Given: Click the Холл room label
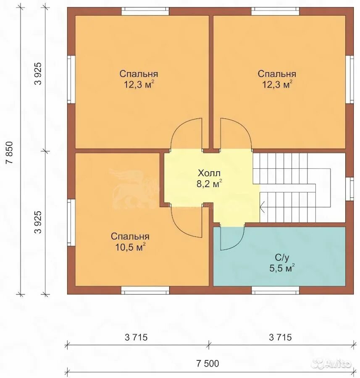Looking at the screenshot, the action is (x=209, y=173).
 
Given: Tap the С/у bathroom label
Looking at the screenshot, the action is (x=282, y=258).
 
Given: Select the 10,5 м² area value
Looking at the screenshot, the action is (x=130, y=247).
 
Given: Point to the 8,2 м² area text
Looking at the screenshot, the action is (x=209, y=184).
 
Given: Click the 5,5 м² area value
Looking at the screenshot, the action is (x=282, y=268).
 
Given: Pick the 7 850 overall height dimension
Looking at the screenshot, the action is (x=11, y=152).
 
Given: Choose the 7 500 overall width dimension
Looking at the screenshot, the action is (x=208, y=363).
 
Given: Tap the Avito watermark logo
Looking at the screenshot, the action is (x=332, y=362).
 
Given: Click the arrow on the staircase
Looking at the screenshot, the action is (x=263, y=207).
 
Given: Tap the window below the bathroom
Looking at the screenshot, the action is (x=276, y=290).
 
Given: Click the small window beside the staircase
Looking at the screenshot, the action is (x=349, y=189).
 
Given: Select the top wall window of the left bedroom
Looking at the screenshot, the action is (x=145, y=11).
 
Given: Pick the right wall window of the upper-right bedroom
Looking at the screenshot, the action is (x=349, y=80).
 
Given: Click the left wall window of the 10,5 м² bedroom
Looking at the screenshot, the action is (x=71, y=222).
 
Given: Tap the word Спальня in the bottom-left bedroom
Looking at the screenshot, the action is (x=130, y=236).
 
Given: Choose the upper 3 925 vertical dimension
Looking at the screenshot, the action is (x=38, y=73).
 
